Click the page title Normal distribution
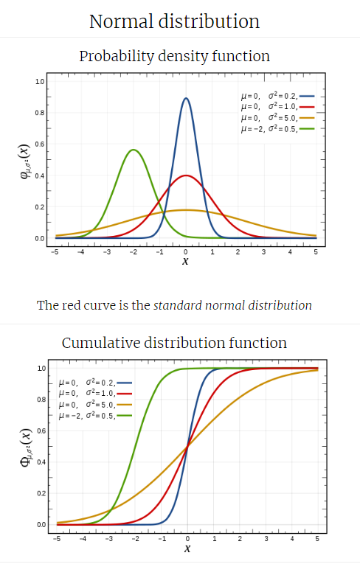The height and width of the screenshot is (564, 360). [174, 21]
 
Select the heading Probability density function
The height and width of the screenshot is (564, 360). [174, 56]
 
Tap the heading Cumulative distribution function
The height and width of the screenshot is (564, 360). [174, 343]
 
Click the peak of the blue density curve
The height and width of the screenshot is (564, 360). [186, 98]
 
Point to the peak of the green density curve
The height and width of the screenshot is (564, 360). [134, 150]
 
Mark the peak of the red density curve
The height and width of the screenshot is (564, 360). [186, 175]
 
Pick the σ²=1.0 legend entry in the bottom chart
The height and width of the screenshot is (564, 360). [94, 394]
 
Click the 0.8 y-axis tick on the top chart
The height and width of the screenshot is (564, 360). [40, 113]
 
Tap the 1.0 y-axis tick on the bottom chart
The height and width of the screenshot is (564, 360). [41, 368]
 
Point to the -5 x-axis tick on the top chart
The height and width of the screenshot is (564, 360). [55, 252]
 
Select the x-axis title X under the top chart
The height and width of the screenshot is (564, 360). [185, 261]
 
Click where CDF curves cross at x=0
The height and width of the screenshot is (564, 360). [187, 446]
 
